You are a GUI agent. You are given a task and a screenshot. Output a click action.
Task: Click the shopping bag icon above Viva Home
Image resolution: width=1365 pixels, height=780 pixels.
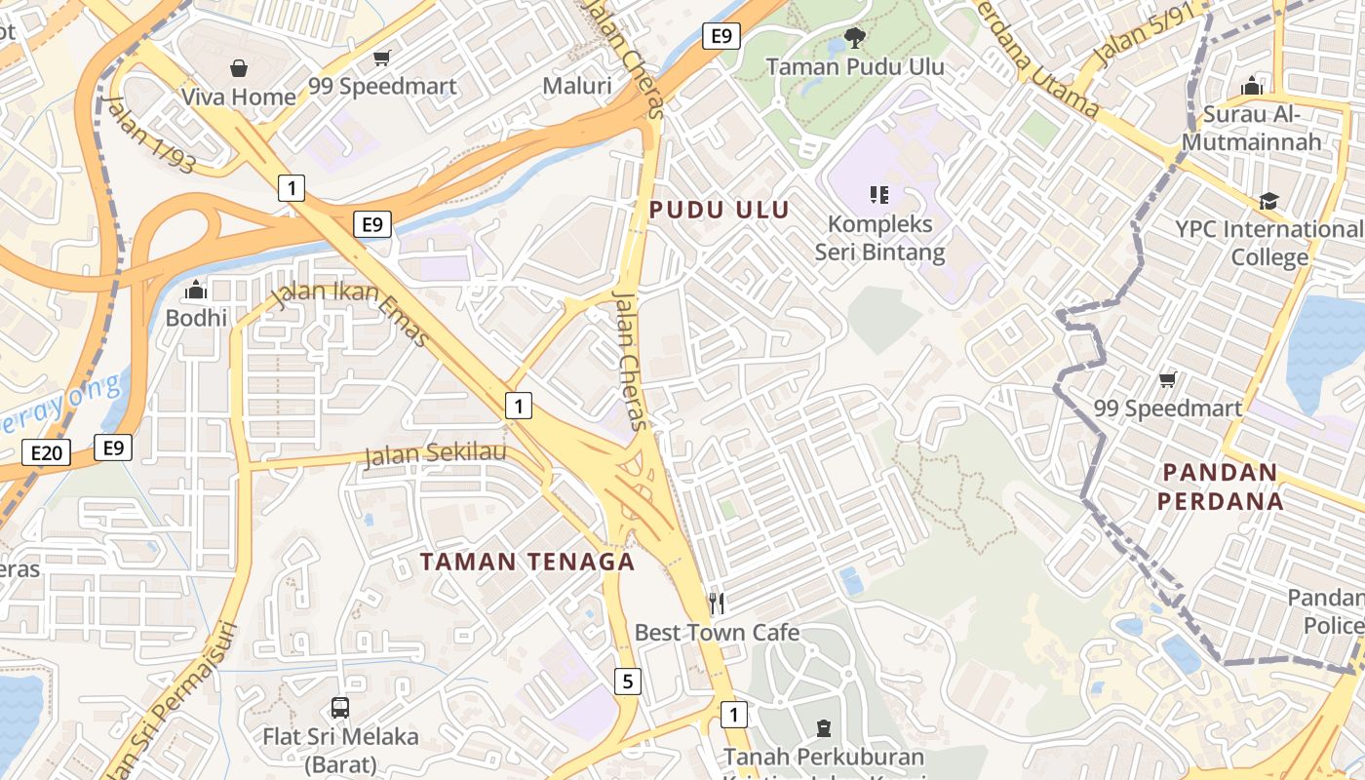pos(239,67)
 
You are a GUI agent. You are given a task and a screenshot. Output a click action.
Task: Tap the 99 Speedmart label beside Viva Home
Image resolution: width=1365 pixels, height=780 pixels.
pos(382,86)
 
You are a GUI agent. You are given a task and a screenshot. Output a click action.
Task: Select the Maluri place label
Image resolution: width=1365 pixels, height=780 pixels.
pos(577,86)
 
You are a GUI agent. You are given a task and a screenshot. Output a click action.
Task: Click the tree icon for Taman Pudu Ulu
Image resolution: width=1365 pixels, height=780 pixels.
pos(854,38)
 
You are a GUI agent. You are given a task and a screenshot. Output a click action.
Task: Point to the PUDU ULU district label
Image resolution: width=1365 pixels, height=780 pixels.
pos(719,210)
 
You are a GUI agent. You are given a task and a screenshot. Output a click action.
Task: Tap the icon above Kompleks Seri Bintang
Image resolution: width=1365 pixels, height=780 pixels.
pos(879,195)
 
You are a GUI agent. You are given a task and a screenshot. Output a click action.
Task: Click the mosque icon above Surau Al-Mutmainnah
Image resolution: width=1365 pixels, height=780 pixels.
pos(1252,86)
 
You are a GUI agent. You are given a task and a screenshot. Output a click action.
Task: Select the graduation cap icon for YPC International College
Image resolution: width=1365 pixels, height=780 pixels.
pos(1268,201)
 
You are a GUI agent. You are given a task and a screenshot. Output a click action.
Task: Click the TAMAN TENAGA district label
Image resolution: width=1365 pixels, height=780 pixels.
pos(527,562)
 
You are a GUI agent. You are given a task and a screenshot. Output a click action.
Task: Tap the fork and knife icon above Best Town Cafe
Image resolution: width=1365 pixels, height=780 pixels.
pos(717,604)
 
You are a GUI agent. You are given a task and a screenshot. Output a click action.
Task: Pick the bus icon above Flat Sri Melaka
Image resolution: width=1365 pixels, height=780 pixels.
pos(340,708)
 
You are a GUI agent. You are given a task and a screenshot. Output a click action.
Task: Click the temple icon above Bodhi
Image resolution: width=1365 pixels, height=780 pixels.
pos(196,290)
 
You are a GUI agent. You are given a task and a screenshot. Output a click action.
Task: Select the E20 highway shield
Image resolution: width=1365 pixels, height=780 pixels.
pos(46,452)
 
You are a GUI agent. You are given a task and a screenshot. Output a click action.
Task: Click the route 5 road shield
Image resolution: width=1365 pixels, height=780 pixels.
pos(628,682)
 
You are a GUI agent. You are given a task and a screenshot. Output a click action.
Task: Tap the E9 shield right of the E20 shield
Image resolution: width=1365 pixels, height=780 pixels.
pos(113,448)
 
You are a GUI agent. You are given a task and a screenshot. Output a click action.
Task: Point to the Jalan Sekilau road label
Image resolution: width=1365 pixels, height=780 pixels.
pos(436,453)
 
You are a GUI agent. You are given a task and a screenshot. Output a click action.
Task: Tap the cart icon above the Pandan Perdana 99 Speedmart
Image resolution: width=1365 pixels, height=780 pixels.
pos(1167,379)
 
